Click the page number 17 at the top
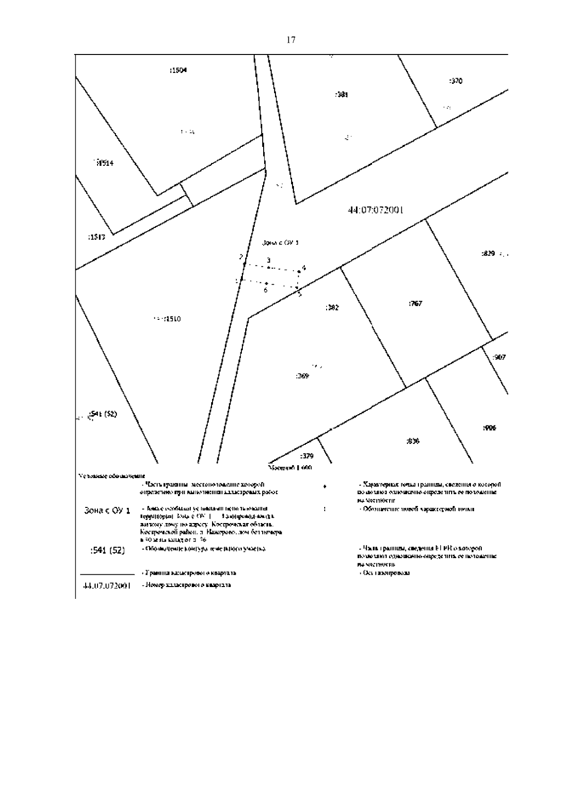point(291,40)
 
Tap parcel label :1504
point(178,71)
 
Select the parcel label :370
point(455,81)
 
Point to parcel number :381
point(341,95)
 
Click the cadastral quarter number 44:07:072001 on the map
point(375,210)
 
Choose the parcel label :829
point(488,254)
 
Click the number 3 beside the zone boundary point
point(268,260)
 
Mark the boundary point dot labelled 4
point(299,272)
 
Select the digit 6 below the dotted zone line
point(266,290)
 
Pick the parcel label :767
point(415,303)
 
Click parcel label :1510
point(171,319)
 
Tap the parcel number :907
point(499,357)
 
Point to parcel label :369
point(302,376)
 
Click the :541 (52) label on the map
point(103,414)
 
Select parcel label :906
point(489,428)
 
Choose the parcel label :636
point(413,442)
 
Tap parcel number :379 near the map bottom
point(307,456)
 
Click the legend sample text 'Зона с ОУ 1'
point(107,511)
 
